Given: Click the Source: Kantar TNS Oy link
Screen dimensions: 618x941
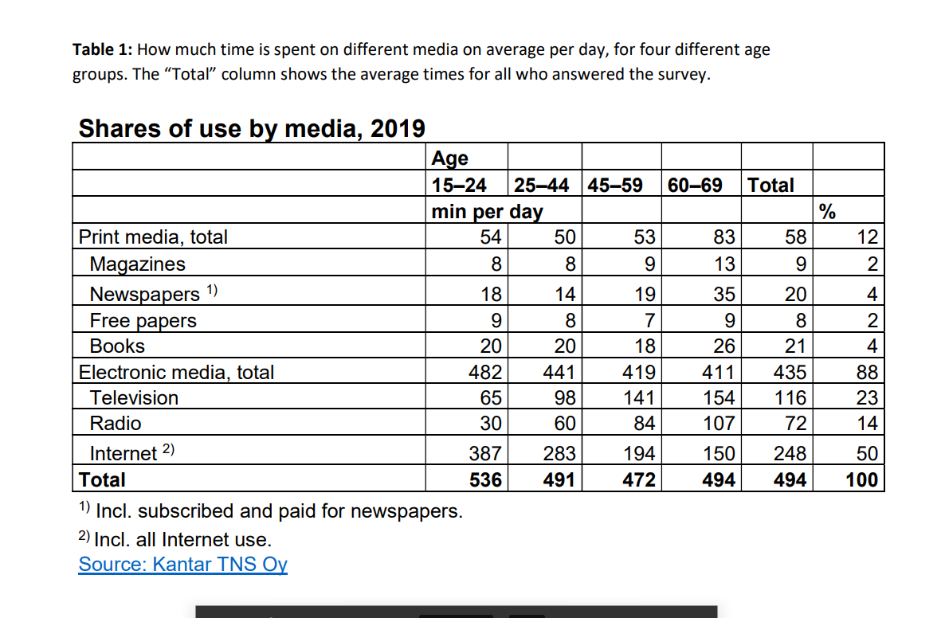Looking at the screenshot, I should coord(182,565).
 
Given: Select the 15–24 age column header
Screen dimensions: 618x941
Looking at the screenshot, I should coord(459,186).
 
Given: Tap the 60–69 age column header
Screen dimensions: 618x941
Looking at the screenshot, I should coord(695,186).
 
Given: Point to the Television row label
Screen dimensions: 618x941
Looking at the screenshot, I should coord(134,397).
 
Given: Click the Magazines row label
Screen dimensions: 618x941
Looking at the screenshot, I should coord(137,264).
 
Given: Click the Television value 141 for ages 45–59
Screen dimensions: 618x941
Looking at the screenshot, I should coord(639,397).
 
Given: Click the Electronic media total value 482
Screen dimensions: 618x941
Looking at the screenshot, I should coord(485,372).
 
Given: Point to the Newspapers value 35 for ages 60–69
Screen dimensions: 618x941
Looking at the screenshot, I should coord(723,294).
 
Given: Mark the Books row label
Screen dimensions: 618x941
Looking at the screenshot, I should coord(117,346).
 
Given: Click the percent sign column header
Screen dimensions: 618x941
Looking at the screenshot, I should coord(827,212).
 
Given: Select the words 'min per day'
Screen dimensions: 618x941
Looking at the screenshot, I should coord(487,212).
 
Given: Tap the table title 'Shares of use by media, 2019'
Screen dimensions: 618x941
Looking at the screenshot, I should coord(252,128).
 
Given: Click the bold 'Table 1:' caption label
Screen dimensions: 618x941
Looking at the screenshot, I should coord(102,50).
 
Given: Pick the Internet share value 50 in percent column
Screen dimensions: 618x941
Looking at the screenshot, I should coord(867,453).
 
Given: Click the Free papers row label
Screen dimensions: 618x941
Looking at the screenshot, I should coord(143,320).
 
